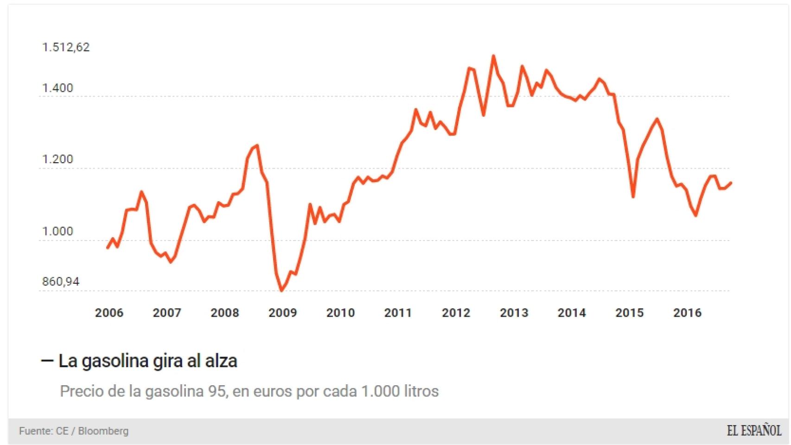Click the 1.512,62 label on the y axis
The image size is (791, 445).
pyautogui.click(x=66, y=47)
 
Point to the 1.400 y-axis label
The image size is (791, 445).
pyautogui.click(x=57, y=88)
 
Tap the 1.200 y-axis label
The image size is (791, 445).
pyautogui.click(x=57, y=159)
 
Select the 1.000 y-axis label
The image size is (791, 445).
pyautogui.click(x=57, y=231)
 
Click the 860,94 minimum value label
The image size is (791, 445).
pyautogui.click(x=61, y=282)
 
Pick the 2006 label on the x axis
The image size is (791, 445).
pyautogui.click(x=109, y=313)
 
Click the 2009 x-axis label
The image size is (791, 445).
pyautogui.click(x=283, y=313)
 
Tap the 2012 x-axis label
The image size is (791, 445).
pyautogui.click(x=456, y=313)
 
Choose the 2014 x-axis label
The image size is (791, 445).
pyautogui.click(x=572, y=313)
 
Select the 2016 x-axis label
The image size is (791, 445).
pyautogui.click(x=687, y=313)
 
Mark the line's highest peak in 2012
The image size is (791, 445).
pyautogui.click(x=493, y=56)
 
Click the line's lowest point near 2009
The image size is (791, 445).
pyautogui.click(x=281, y=291)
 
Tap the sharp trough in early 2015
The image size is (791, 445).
pyautogui.click(x=633, y=197)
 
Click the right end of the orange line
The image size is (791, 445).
pyautogui.click(x=731, y=183)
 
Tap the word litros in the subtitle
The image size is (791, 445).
pyautogui.click(x=421, y=391)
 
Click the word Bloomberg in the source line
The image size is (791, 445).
pyautogui.click(x=103, y=431)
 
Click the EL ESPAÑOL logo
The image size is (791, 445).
pyautogui.click(x=754, y=431)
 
